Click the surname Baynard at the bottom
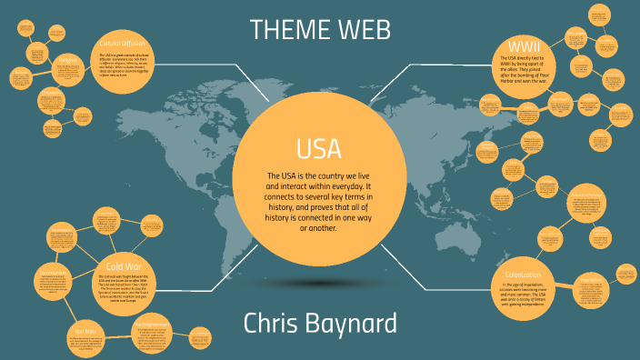coord(356,324)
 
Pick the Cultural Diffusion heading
coord(125,43)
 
